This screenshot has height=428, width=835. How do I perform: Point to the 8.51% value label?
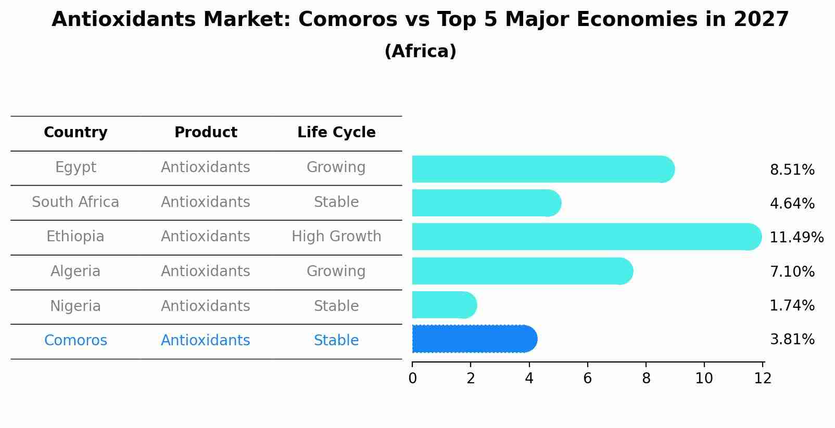pos(792,170)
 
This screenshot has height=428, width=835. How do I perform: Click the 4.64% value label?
pos(792,204)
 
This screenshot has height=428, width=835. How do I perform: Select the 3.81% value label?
pos(792,340)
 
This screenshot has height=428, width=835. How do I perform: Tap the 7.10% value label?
pos(792,271)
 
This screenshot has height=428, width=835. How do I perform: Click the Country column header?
pos(75,133)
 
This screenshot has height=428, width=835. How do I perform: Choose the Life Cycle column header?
pos(336,133)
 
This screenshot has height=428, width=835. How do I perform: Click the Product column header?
pos(206,133)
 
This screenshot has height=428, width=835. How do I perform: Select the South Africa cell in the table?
pos(75,202)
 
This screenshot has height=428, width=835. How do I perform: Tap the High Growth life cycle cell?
pos(336,237)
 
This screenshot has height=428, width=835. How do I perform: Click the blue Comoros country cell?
pos(75,341)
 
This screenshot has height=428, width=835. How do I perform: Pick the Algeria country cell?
pos(75,271)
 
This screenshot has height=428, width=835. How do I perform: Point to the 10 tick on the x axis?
pos(704,379)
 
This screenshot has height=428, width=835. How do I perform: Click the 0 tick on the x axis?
pos(412,379)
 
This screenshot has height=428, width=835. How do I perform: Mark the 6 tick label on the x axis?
pos(587,379)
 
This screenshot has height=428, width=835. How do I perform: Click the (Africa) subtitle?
pos(420,51)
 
